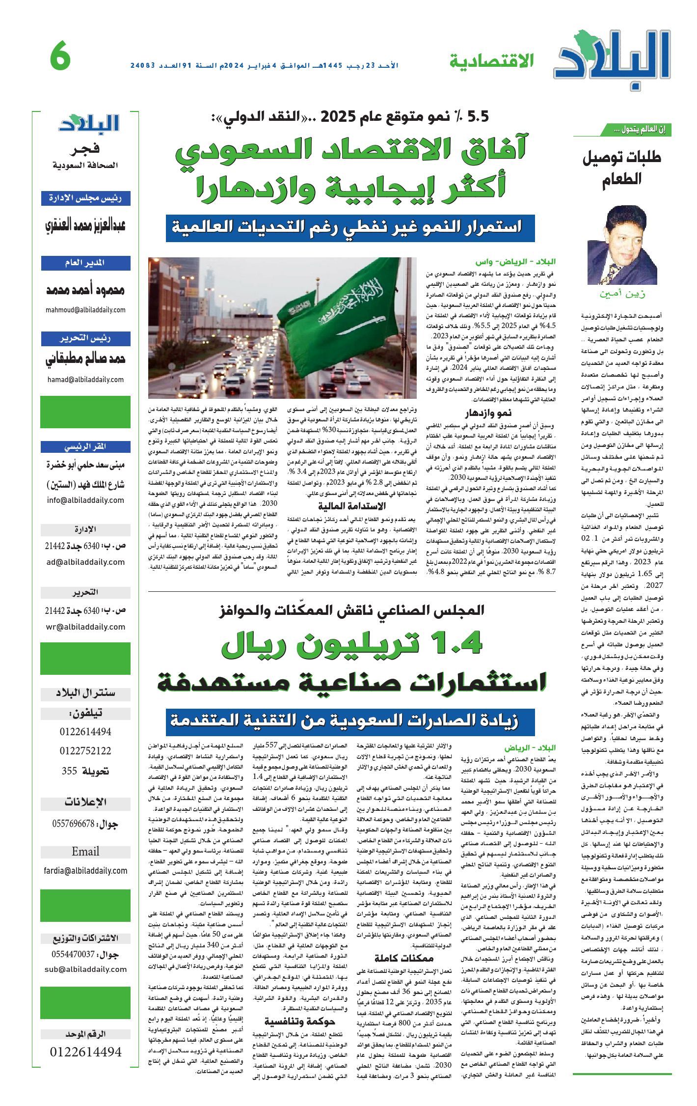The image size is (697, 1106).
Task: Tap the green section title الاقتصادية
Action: (491, 61)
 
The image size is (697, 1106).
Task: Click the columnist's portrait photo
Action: (622, 246)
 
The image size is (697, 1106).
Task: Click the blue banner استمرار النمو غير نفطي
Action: (343, 228)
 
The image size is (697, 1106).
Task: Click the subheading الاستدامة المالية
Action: (351, 506)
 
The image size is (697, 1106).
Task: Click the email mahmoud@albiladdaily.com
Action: (86, 310)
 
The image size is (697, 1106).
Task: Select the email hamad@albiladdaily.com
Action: (86, 379)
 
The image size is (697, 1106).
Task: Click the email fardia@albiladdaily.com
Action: (86, 870)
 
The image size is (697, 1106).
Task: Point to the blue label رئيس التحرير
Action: (86, 339)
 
